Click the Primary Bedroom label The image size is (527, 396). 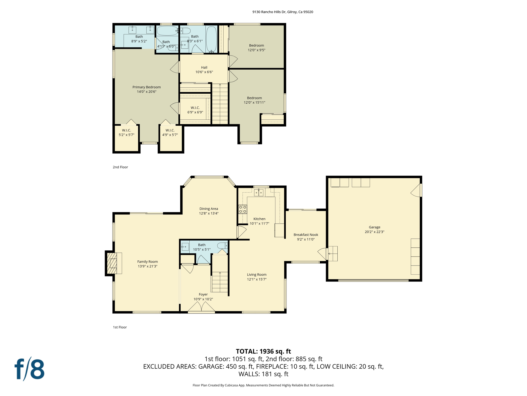tap(146, 87)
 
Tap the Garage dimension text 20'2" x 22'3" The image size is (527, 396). tap(374, 232)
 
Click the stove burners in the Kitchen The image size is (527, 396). tap(243, 209)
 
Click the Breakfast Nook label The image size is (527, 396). tap(306, 235)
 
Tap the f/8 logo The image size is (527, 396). tap(29, 369)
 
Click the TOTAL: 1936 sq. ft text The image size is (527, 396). tap(263, 351)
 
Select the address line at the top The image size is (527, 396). tap(283, 12)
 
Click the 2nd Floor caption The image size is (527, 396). tap(120, 167)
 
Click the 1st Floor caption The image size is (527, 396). tap(120, 327)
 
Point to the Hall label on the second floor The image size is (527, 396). tap(204, 68)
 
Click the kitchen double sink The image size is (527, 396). tap(259, 193)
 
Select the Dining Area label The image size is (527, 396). tap(209, 209)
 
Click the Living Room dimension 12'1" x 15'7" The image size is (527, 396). tap(257, 279)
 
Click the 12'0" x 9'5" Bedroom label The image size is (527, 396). tap(256, 48)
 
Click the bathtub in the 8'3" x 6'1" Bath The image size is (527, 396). tap(211, 39)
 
